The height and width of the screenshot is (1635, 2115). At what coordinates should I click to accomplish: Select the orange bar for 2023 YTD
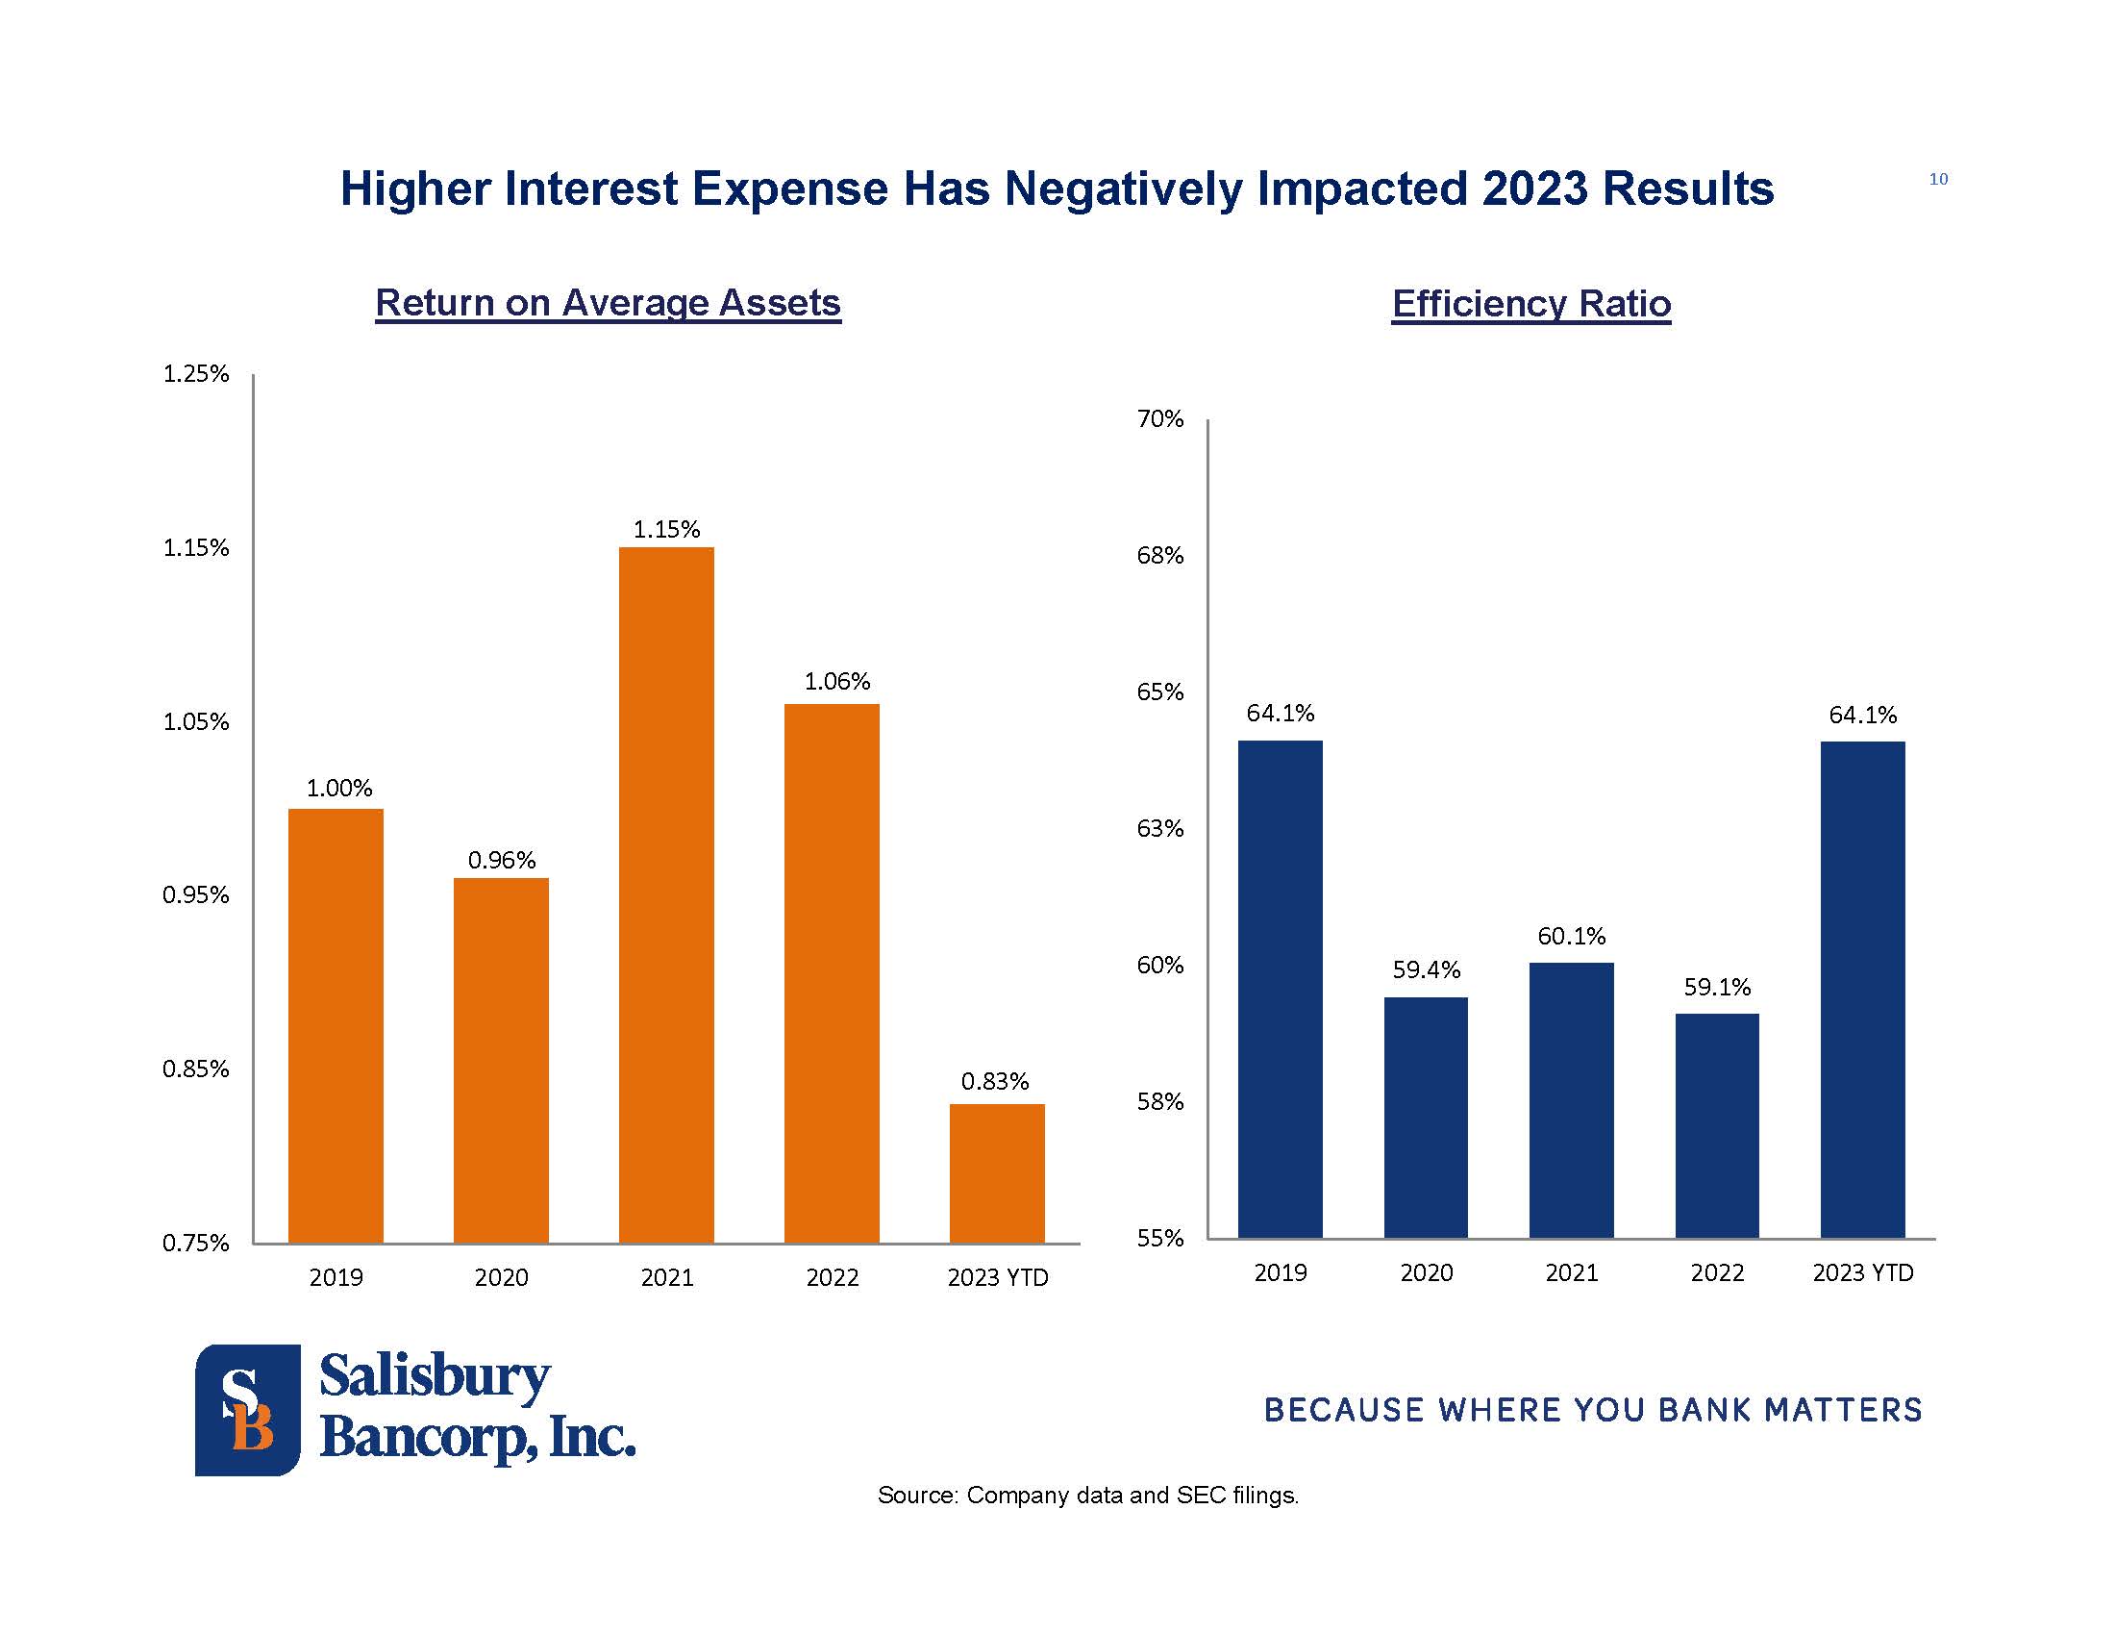[x=997, y=1173]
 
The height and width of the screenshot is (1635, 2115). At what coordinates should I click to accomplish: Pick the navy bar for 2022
[x=1716, y=1125]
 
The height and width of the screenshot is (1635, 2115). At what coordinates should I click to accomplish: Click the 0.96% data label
[x=502, y=860]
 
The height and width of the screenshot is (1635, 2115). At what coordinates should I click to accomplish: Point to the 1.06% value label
[x=836, y=682]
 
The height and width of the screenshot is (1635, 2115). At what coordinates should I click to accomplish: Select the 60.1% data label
[x=1571, y=937]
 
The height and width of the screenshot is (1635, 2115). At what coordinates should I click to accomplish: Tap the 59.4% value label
[x=1426, y=969]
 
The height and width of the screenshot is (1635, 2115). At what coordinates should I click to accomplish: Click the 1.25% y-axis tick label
[x=195, y=374]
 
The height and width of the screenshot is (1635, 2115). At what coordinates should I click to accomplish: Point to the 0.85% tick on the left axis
[x=195, y=1069]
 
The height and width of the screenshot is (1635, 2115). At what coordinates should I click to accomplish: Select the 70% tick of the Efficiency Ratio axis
[x=1160, y=419]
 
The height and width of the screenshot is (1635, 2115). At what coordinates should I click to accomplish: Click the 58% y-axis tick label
[x=1160, y=1102]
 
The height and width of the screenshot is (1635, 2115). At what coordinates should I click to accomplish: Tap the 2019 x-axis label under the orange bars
[x=336, y=1277]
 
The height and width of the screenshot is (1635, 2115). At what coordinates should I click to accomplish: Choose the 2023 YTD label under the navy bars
[x=1862, y=1272]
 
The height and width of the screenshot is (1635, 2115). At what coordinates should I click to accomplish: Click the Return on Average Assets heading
[x=608, y=303]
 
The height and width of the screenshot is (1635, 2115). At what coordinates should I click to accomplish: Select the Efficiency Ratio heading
[x=1531, y=304]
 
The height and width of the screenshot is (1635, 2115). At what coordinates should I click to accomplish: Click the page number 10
[x=1938, y=179]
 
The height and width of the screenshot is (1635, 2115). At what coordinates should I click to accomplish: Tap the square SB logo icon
[x=248, y=1409]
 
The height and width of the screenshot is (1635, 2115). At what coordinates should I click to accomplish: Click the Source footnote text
[x=1087, y=1496]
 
